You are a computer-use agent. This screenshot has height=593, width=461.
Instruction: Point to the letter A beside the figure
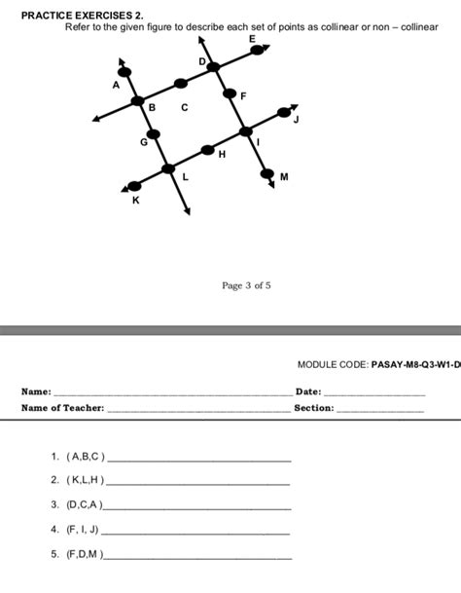[116, 85]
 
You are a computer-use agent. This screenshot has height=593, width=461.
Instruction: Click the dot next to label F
[230, 94]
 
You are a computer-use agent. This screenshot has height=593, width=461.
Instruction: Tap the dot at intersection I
[245, 131]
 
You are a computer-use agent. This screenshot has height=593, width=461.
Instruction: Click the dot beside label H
[208, 150]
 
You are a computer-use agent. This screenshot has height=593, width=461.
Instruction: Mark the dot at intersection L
[169, 168]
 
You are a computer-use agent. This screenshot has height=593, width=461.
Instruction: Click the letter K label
[135, 200]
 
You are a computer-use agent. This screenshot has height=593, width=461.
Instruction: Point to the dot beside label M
[269, 174]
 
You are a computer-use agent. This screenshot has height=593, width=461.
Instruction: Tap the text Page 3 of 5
[246, 285]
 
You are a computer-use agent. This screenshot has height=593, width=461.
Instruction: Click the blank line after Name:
[170, 392]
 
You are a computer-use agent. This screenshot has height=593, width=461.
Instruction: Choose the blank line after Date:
[374, 392]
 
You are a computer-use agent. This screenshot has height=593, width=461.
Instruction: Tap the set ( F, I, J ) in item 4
[83, 530]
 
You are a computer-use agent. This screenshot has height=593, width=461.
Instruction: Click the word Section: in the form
[314, 409]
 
